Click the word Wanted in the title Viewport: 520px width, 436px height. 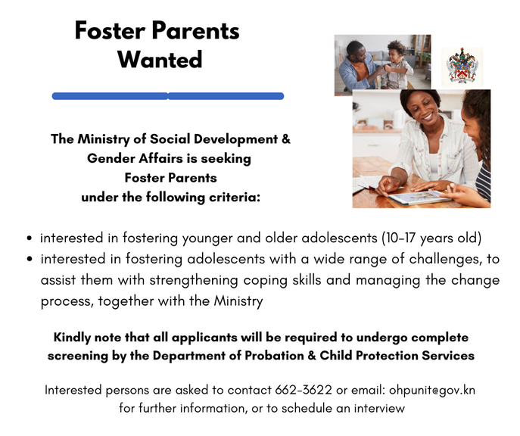pos(160,59)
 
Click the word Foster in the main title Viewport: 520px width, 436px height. pos(112,30)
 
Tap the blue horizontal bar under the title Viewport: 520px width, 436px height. pos(167,96)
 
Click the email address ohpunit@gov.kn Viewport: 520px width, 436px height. pos(432,391)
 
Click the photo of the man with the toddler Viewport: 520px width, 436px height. pos(382,64)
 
